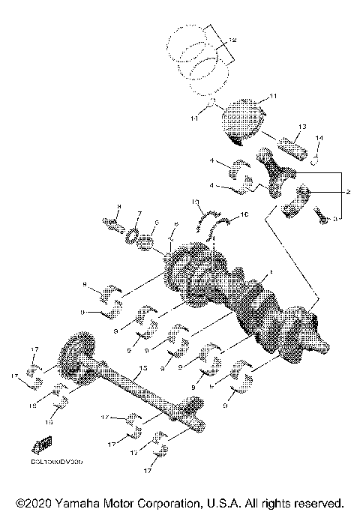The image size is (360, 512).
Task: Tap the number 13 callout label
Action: click(x=302, y=127)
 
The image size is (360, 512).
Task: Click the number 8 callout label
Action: click(x=118, y=208)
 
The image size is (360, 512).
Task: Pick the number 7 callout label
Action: click(x=139, y=214)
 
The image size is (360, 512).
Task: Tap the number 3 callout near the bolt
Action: click(x=337, y=218)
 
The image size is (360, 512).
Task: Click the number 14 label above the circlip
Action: click(x=319, y=139)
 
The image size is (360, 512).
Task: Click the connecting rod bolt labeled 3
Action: click(x=320, y=217)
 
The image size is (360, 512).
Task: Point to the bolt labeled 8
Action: click(x=115, y=223)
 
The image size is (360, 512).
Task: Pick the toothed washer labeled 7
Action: click(x=134, y=235)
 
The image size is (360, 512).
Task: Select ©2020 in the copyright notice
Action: click(x=31, y=502)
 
